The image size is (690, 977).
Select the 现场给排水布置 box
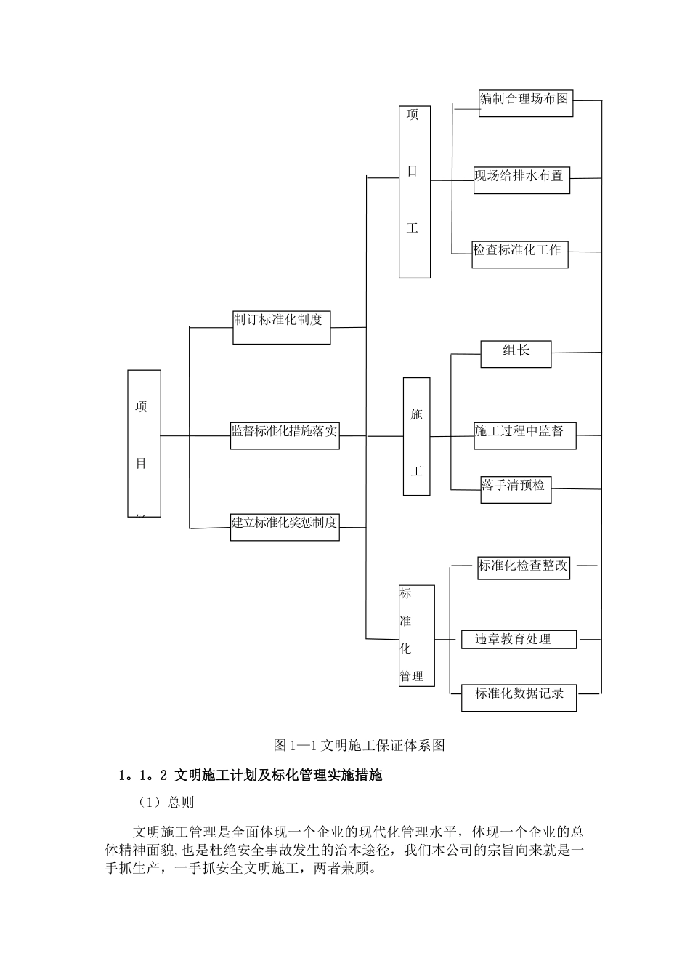pos(521,180)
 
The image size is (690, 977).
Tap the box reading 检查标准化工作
pos(519,254)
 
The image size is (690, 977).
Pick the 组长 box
pos(516,353)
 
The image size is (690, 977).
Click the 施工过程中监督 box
pos(525,435)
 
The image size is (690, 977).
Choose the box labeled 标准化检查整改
pos(523,566)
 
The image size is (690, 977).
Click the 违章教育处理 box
pos(519,640)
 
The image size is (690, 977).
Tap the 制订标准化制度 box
pos(281,327)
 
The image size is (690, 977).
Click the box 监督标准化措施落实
pos(284,435)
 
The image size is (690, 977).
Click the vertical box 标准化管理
pos(416,635)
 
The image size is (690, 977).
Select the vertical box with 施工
pos(416,436)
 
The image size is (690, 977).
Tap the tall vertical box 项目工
pos(414,192)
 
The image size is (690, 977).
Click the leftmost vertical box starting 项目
pos(144,443)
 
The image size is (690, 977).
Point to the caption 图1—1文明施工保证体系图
pos(359,745)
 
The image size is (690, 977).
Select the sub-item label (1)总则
pos(166,803)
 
